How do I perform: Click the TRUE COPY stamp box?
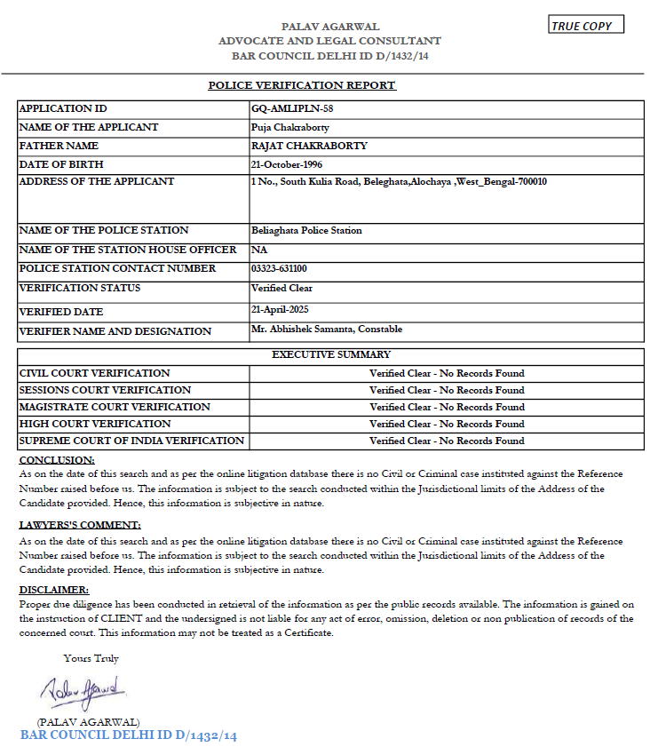pyautogui.click(x=585, y=26)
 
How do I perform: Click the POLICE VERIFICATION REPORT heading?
pyautogui.click(x=302, y=85)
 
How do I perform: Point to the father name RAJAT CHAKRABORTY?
pyautogui.click(x=309, y=146)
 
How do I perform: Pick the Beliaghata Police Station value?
pyautogui.click(x=306, y=231)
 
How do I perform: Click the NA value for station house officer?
pyautogui.click(x=259, y=250)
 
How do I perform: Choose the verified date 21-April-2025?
pyautogui.click(x=285, y=309)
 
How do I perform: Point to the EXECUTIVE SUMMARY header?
pyautogui.click(x=330, y=355)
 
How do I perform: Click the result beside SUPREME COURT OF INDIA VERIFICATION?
pyautogui.click(x=447, y=441)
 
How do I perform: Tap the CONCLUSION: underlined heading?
pyautogui.click(x=57, y=460)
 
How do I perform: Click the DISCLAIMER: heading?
pyautogui.click(x=54, y=590)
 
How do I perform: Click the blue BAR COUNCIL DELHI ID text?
pyautogui.click(x=129, y=735)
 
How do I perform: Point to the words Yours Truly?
pyautogui.click(x=91, y=659)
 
